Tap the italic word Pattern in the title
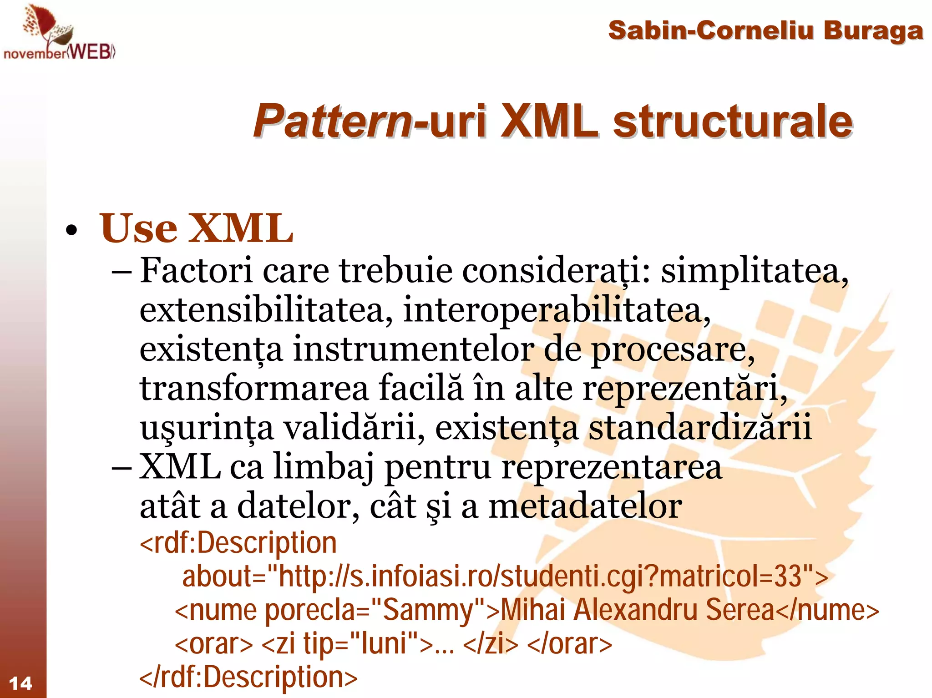(x=332, y=121)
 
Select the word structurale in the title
(x=732, y=121)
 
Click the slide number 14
(x=20, y=683)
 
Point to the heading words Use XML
(x=196, y=228)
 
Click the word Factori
(x=196, y=271)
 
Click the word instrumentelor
(x=413, y=349)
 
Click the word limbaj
(x=323, y=467)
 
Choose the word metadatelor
(x=585, y=506)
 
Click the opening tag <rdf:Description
(x=238, y=543)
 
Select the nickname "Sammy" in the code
(x=428, y=610)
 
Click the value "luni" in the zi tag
(x=383, y=644)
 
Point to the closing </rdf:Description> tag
(x=248, y=677)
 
